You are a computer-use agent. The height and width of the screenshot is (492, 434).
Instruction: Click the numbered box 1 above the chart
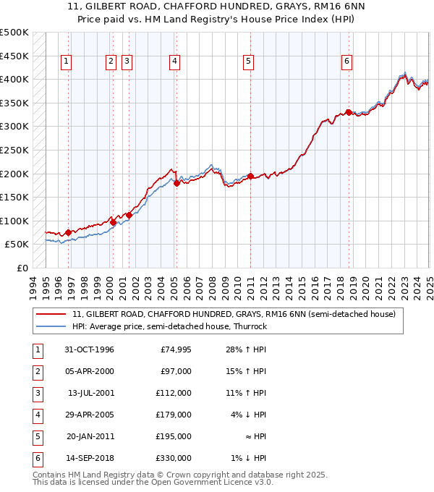pyautogui.click(x=66, y=61)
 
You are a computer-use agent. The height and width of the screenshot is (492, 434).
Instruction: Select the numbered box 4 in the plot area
pyautogui.click(x=175, y=61)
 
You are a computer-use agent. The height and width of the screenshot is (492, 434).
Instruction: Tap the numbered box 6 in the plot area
pyautogui.click(x=347, y=61)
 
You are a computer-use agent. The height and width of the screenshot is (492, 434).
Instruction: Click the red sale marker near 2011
pyautogui.click(x=250, y=176)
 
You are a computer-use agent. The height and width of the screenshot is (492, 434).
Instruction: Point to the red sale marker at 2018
pyautogui.click(x=349, y=112)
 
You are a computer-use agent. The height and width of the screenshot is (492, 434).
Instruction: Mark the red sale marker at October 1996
pyautogui.click(x=68, y=233)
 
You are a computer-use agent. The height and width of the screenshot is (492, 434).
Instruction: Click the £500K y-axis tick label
pyautogui.click(x=14, y=33)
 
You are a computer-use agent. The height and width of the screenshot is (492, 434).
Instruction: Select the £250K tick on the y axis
pyautogui.click(x=14, y=150)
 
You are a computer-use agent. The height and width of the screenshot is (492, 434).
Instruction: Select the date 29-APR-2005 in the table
pyautogui.click(x=90, y=415)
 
